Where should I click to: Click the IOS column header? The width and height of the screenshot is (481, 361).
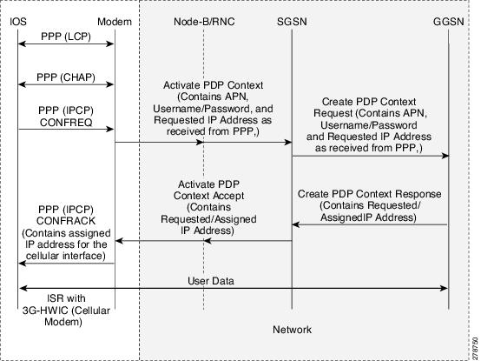point(18,22)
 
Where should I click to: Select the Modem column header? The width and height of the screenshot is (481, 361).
point(115,22)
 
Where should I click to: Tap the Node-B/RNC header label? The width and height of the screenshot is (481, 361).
point(204,22)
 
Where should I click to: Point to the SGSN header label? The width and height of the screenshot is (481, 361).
point(292,22)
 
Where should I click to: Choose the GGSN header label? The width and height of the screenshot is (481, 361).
point(449,22)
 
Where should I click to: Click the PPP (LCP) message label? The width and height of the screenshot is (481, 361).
point(66,37)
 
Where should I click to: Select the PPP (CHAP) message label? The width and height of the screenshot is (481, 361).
point(66,77)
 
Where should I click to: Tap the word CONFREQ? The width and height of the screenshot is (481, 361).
point(66,123)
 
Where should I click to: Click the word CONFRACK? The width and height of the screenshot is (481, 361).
point(66,221)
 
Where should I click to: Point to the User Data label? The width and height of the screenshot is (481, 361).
point(211,281)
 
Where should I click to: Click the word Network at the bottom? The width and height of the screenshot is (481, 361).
point(292,330)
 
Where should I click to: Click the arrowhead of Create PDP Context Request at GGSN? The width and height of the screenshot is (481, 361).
point(445,156)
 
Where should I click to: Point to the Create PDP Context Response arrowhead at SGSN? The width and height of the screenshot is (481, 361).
point(296,224)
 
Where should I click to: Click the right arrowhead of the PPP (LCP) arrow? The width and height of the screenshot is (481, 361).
point(109,44)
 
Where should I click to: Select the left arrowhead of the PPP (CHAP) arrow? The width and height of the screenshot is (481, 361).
point(22,84)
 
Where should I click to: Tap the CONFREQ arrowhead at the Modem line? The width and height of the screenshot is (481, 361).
point(109,130)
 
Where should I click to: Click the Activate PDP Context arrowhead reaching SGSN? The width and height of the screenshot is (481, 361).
point(287,143)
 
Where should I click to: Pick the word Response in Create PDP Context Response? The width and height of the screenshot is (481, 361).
point(418,194)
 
